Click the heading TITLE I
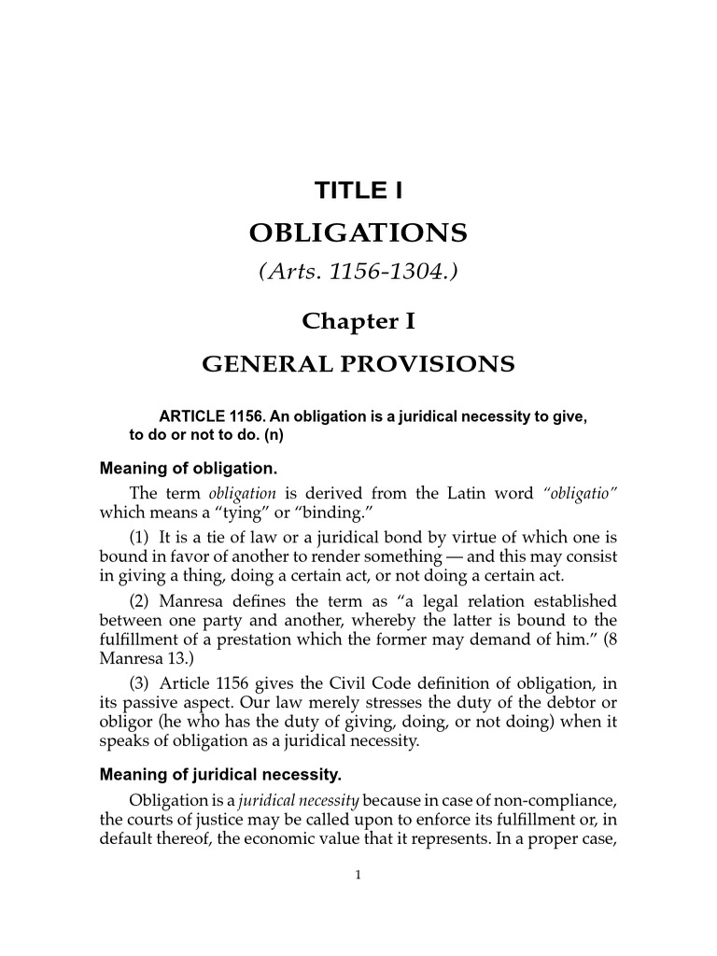pos(358,191)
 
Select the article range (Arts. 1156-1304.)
pos(358,272)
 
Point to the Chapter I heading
pos(358,321)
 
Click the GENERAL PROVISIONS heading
pos(358,363)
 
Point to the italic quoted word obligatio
pos(582,493)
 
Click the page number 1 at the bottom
pos(358,874)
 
